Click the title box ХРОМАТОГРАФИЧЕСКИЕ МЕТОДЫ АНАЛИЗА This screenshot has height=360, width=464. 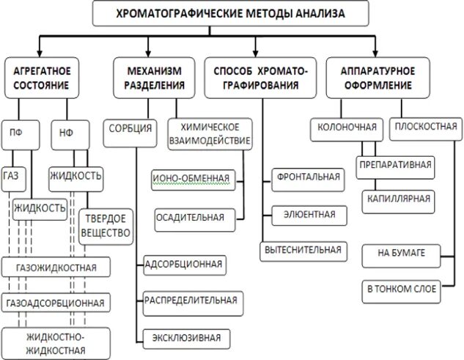point(231,13)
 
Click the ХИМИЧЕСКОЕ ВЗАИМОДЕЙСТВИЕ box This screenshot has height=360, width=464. point(209,133)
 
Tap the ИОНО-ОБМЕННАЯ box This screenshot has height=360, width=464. point(192,177)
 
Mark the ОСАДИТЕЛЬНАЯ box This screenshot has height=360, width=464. point(189,217)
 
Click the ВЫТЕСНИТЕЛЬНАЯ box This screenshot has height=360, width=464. point(303,250)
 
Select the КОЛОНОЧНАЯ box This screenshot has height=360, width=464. point(347,127)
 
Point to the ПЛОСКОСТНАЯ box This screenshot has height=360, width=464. point(425,127)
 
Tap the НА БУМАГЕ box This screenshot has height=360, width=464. point(401,254)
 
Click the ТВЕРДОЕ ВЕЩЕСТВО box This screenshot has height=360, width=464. point(108,226)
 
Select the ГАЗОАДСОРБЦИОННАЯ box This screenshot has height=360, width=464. point(56,301)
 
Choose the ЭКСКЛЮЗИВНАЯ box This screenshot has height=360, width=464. point(187,338)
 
